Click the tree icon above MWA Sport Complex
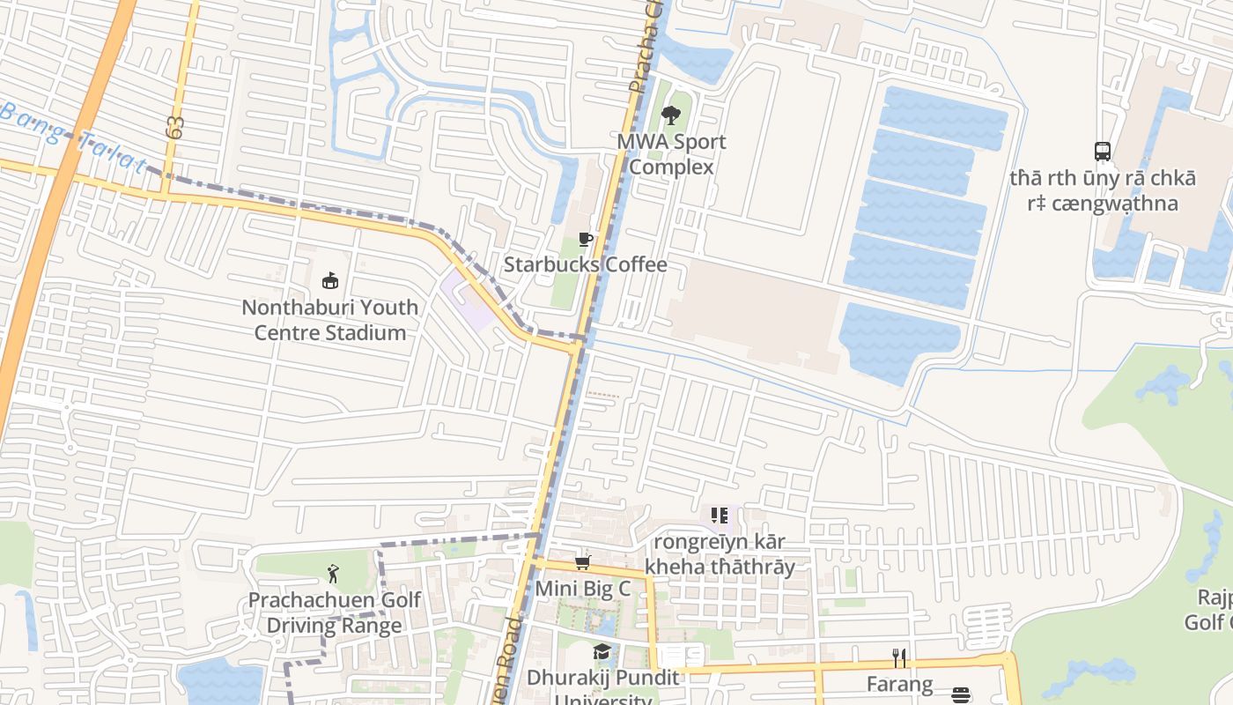pyautogui.click(x=671, y=115)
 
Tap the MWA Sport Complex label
pyautogui.click(x=671, y=154)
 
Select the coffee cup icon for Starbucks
pyautogui.click(x=585, y=239)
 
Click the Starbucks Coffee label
pyautogui.click(x=585, y=264)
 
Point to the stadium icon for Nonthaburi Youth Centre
pyautogui.click(x=330, y=281)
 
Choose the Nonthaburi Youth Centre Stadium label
pyautogui.click(x=330, y=320)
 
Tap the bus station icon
pyautogui.click(x=1103, y=151)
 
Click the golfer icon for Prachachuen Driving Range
pyautogui.click(x=333, y=575)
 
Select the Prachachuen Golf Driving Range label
pyautogui.click(x=334, y=612)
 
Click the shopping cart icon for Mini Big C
pyautogui.click(x=581, y=562)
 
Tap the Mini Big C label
pyautogui.click(x=583, y=588)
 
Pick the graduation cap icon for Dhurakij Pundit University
pyautogui.click(x=602, y=652)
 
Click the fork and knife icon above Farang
pyautogui.click(x=899, y=657)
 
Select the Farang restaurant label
pyautogui.click(x=899, y=684)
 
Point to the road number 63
pyautogui.click(x=174, y=127)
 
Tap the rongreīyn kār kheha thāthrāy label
pyautogui.click(x=720, y=553)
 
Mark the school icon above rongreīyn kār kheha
pyautogui.click(x=720, y=516)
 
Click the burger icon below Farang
pyautogui.click(x=961, y=696)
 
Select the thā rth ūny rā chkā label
pyautogui.click(x=1103, y=190)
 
